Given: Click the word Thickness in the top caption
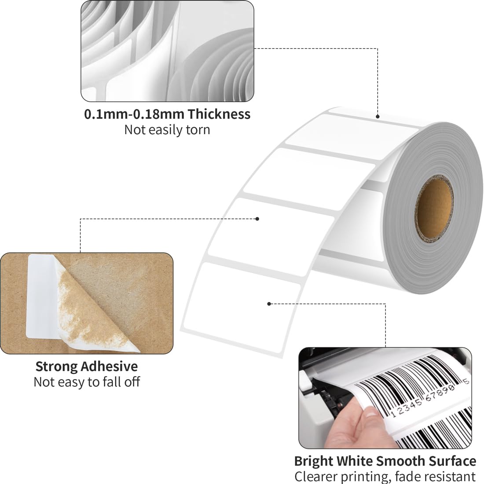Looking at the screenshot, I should pyautogui.click(x=219, y=114).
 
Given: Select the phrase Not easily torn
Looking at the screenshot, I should pyautogui.click(x=167, y=130).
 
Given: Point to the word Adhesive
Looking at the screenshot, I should pyautogui.click(x=111, y=367).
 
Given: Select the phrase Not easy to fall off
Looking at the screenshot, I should pyautogui.click(x=87, y=382).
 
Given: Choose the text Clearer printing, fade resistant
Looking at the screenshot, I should pyautogui.click(x=385, y=477).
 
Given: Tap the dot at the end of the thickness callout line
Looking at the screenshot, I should pyautogui.click(x=378, y=117).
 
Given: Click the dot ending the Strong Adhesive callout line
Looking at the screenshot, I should pyautogui.click(x=258, y=218).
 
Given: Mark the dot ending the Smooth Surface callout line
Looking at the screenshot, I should pyautogui.click(x=269, y=303).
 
